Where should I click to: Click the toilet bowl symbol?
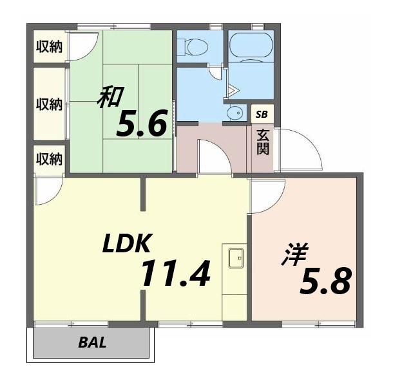click(x=195, y=46)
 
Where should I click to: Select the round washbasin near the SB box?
click(x=236, y=113)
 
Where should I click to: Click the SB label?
click(x=262, y=115)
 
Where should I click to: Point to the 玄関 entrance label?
click(x=263, y=142)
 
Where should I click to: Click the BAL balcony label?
click(x=92, y=342)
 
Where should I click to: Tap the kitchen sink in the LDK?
click(x=236, y=257)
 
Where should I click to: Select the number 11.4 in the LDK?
click(x=176, y=274)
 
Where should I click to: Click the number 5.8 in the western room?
click(x=325, y=281)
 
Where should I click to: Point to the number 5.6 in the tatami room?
click(x=141, y=123)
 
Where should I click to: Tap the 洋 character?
click(x=295, y=254)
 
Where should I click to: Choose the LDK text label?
click(x=127, y=243)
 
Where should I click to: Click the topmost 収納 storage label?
click(x=49, y=46)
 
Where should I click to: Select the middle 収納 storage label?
click(x=49, y=104)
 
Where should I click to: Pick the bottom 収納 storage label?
click(x=49, y=159)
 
